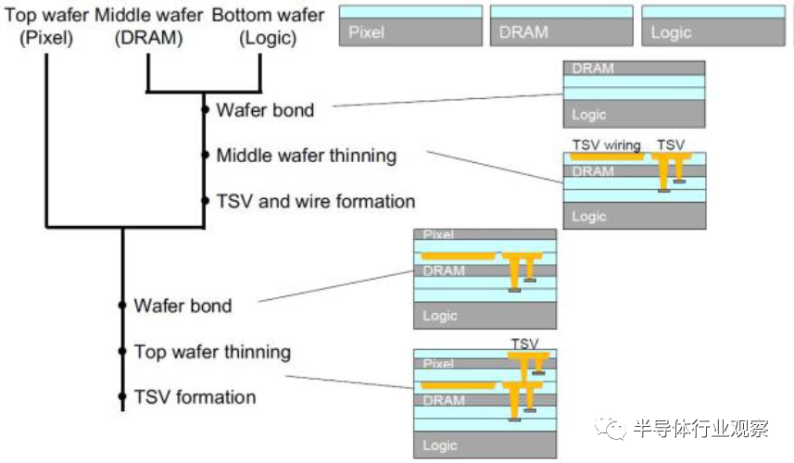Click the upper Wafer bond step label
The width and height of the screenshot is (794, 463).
click(265, 110)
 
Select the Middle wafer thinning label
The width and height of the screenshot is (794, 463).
click(306, 155)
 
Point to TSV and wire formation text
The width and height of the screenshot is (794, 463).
click(315, 201)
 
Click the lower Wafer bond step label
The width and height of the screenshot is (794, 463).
click(183, 305)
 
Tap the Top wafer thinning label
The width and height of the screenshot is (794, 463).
click(212, 352)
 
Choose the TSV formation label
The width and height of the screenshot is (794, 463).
click(195, 397)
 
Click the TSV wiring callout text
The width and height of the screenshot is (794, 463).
click(606, 145)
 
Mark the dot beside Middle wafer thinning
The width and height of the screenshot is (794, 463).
click(204, 155)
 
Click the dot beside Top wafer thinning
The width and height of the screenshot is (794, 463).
click(122, 352)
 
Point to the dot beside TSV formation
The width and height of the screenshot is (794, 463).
click(122, 397)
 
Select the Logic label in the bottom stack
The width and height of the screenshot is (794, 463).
click(440, 445)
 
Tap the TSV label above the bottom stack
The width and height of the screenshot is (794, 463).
click(524, 344)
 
